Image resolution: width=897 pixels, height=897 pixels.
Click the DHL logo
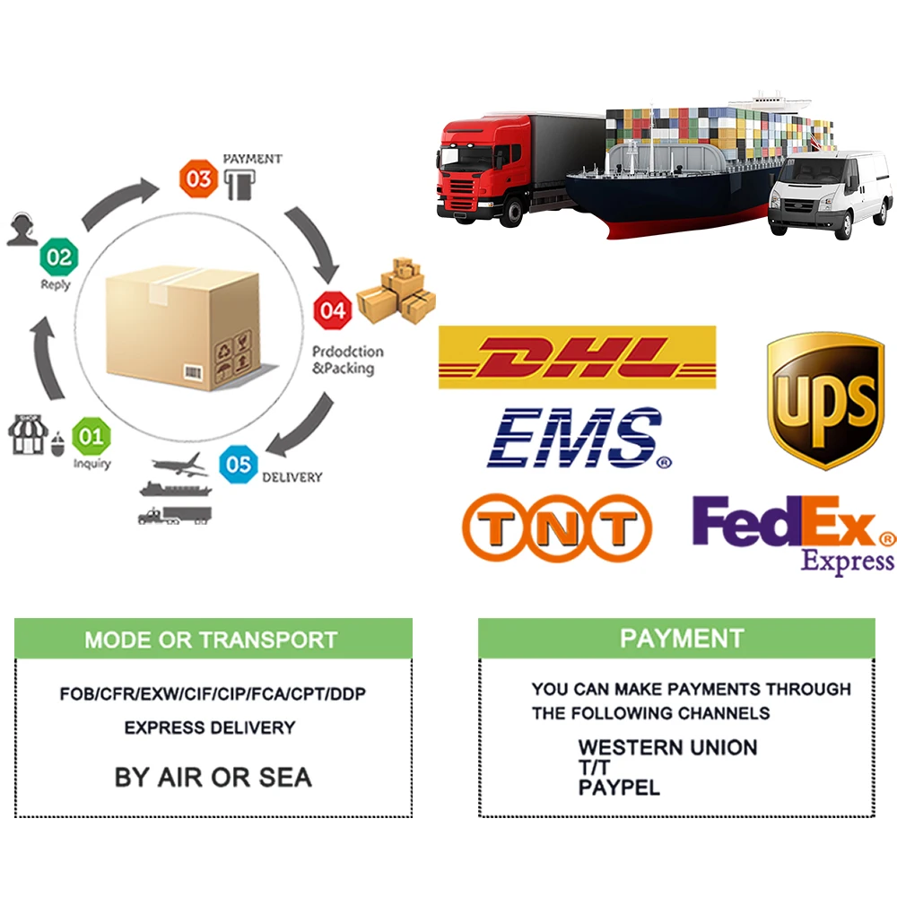[x=577, y=357]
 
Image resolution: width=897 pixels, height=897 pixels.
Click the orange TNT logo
[x=556, y=529]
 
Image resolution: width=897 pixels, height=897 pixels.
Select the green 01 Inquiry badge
[x=91, y=437]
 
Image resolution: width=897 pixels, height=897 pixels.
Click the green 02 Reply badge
[x=59, y=258]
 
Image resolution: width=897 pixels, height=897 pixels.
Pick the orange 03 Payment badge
[x=199, y=179]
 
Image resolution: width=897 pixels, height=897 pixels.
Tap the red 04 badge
[x=332, y=311]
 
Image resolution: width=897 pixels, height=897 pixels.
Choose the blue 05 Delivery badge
[x=239, y=465]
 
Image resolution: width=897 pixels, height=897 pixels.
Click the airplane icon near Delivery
[x=179, y=466]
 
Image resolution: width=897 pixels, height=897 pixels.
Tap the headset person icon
[x=21, y=229]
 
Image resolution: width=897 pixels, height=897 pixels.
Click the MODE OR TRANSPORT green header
[x=213, y=640]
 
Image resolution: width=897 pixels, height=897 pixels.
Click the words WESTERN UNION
[x=667, y=747]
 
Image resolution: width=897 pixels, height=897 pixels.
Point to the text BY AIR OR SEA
[x=213, y=777]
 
